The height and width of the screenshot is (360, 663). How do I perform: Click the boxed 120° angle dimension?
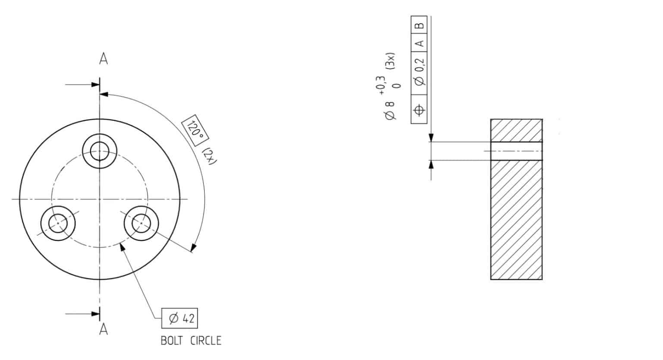196,128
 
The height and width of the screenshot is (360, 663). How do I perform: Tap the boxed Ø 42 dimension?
180,319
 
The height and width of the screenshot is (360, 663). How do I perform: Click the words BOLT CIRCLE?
191,341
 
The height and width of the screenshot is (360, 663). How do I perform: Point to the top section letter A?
103,59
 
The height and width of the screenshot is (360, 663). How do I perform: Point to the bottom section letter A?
103,329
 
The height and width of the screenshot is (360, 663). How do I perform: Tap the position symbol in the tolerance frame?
419,110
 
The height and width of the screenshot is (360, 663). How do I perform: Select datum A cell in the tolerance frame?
419,43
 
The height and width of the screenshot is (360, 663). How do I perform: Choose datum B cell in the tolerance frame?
419,24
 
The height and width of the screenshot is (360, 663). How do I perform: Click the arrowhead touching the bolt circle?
123,246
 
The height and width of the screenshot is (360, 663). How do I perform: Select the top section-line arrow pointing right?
95,85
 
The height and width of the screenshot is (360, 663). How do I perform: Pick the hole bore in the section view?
516,151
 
